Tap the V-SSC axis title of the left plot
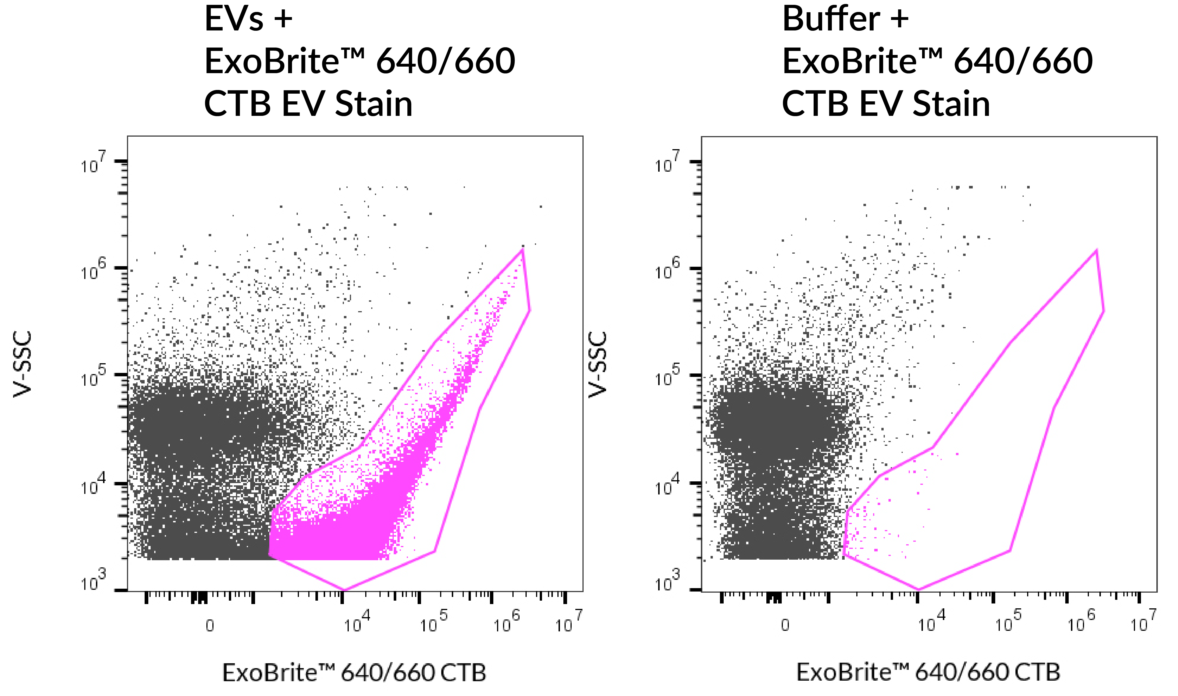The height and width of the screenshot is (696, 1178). click(22, 364)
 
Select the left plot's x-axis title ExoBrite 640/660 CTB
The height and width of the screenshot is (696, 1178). click(354, 673)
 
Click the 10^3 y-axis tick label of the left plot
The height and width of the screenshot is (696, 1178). click(93, 582)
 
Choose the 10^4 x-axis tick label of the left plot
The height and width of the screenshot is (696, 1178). click(357, 622)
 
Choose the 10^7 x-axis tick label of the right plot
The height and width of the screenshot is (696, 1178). click(1143, 622)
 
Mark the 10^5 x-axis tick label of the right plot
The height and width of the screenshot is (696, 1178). click(1008, 622)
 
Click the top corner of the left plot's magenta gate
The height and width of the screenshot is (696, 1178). click(522, 250)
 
